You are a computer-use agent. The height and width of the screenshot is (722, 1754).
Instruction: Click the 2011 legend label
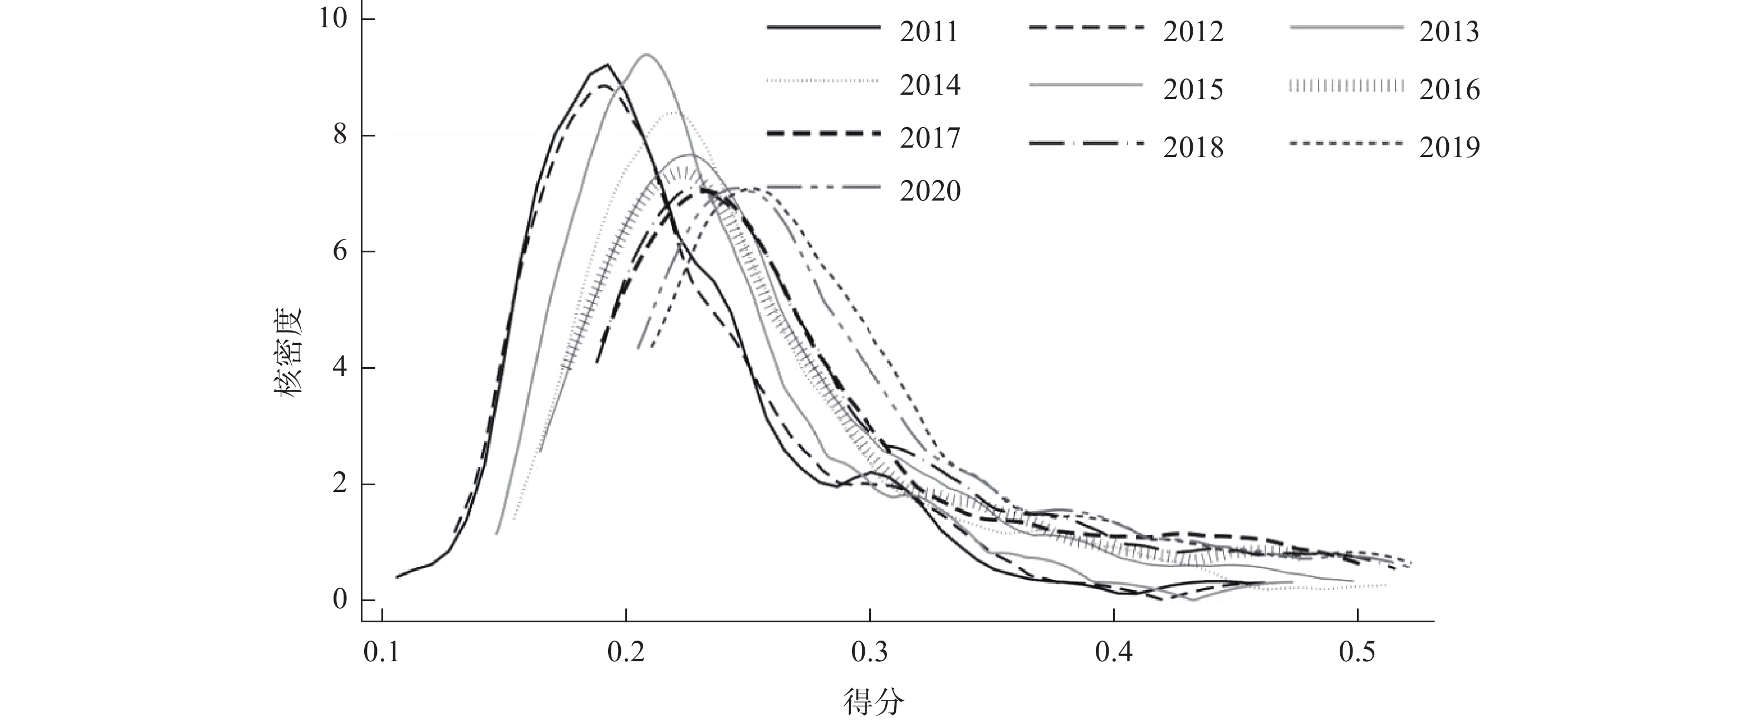(x=929, y=32)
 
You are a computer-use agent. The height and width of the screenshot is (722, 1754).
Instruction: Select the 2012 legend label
(x=1193, y=32)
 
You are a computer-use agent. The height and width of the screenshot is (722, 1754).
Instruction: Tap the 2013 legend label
(x=1449, y=32)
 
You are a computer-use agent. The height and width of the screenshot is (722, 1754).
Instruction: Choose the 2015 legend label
(x=1193, y=90)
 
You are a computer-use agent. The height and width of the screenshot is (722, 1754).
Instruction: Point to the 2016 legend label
(x=1449, y=90)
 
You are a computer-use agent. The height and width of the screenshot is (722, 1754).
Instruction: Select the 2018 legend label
(x=1193, y=148)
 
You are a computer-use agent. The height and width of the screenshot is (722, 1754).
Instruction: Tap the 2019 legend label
(x=1449, y=148)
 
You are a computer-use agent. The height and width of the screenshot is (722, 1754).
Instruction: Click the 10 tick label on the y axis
(x=334, y=19)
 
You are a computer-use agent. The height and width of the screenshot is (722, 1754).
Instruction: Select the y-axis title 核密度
(x=290, y=354)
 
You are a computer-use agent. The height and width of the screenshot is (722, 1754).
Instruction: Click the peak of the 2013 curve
(x=645, y=55)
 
